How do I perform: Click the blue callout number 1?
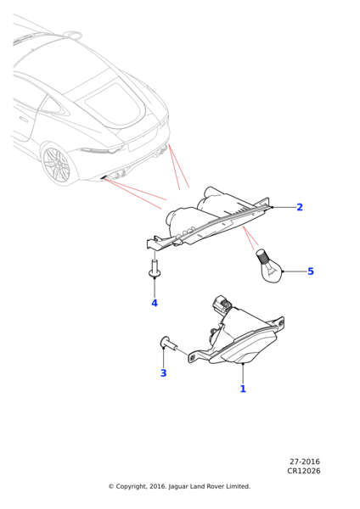[243, 389]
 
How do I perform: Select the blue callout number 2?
[300, 207]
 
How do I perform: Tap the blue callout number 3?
[163, 373]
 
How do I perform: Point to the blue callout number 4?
[155, 303]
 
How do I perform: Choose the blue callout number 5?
[311, 271]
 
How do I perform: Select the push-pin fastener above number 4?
[155, 269]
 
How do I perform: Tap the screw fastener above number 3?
[169, 343]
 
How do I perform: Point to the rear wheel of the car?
[56, 165]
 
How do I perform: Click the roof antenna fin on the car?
[73, 34]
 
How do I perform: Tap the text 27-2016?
[305, 461]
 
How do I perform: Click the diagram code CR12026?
[304, 471]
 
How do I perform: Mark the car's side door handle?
[23, 119]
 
